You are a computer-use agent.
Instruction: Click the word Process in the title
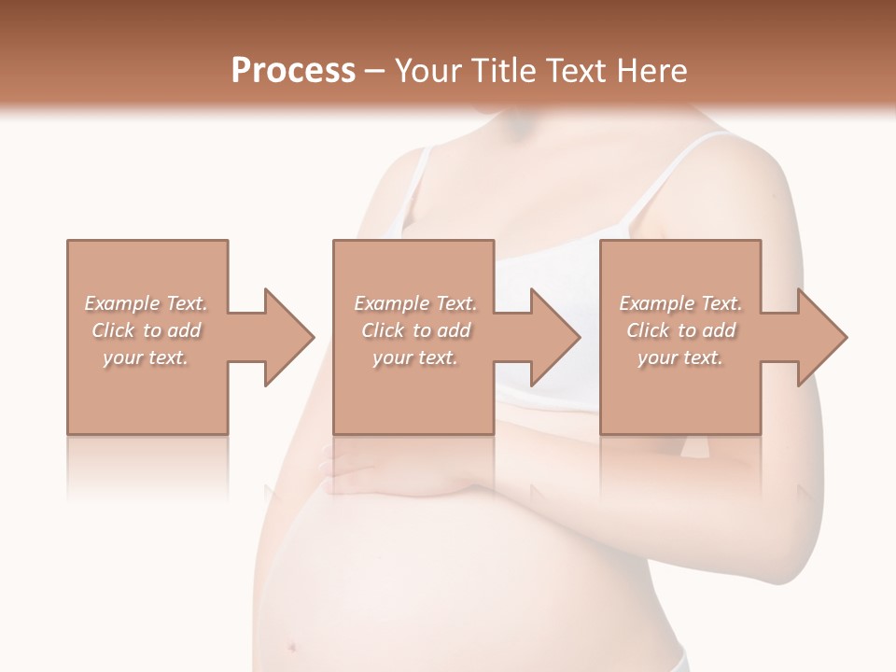(293, 71)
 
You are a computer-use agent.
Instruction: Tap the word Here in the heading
(653, 71)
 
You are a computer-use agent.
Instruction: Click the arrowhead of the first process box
(285, 337)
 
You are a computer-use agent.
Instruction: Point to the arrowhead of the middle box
(552, 337)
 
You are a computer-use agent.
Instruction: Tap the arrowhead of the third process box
(819, 337)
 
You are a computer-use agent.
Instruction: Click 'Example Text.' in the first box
(147, 303)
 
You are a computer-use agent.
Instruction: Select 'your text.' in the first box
(146, 357)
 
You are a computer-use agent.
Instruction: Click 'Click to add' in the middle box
(415, 330)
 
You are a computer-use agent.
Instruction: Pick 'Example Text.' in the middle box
(415, 303)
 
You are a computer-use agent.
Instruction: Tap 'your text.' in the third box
(680, 357)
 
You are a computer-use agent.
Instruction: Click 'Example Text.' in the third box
(680, 303)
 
